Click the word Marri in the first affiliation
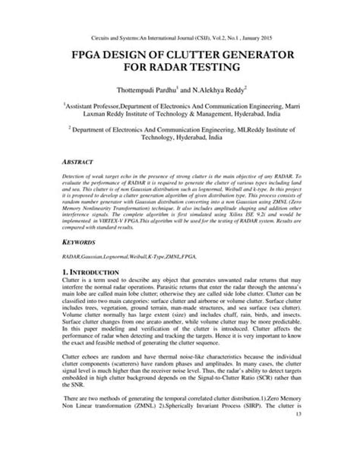pyautogui.click(x=296, y=121)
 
